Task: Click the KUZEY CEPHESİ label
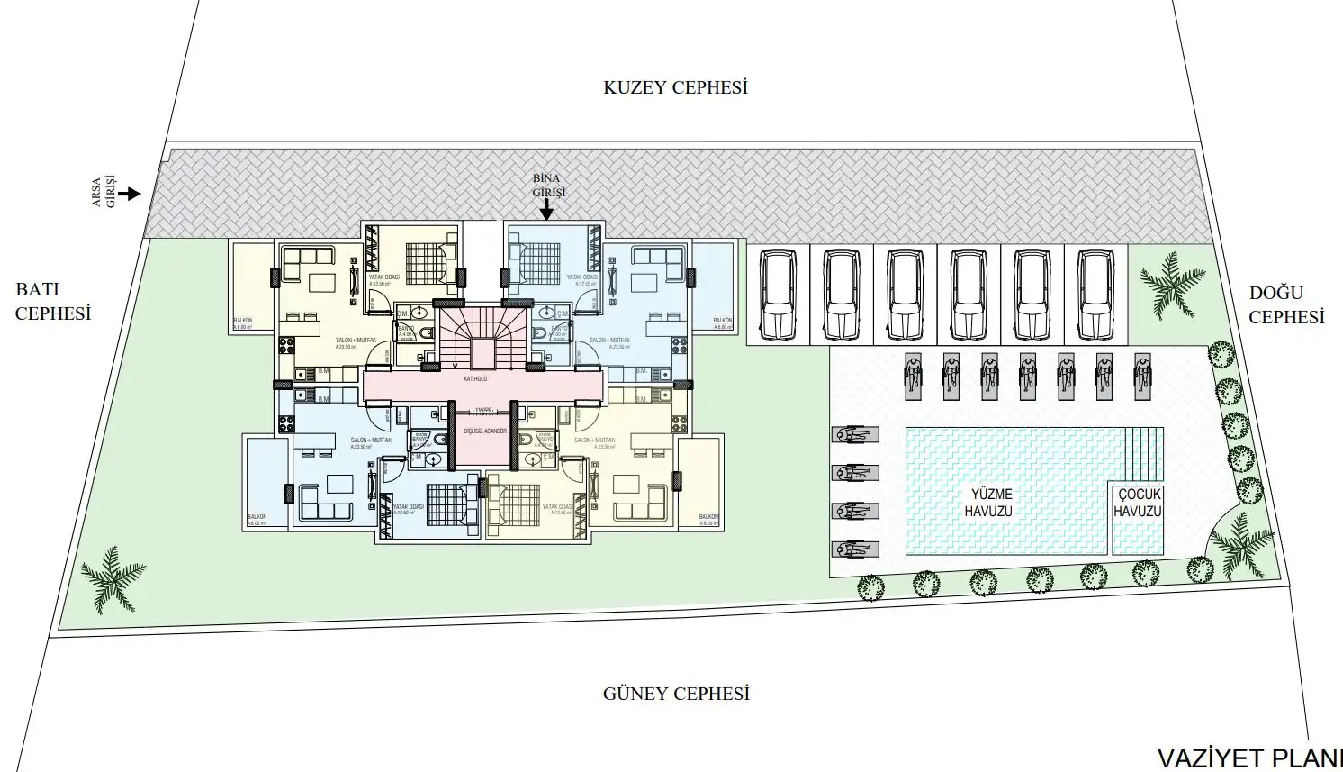tap(675, 87)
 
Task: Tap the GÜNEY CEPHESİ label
tap(675, 694)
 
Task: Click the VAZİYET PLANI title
tap(1248, 757)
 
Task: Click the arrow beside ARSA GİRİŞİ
tap(131, 194)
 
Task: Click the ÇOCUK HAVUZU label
tap(1138, 503)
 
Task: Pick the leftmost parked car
tap(778, 294)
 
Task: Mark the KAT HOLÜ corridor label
tap(474, 379)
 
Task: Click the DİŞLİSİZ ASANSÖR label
tap(485, 431)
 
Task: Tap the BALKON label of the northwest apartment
tap(242, 321)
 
